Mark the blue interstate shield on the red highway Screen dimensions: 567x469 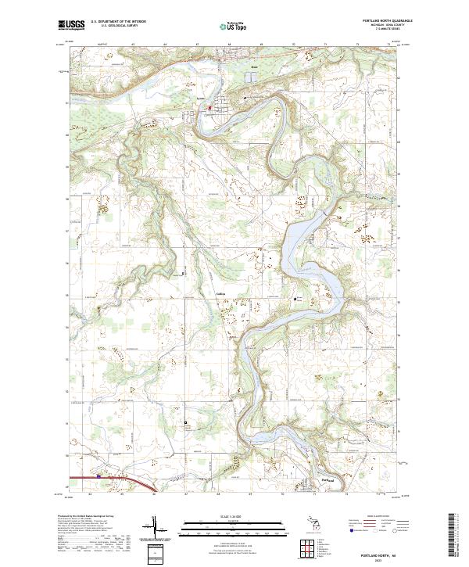click(99, 475)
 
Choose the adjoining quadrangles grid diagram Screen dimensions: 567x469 click(306, 547)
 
